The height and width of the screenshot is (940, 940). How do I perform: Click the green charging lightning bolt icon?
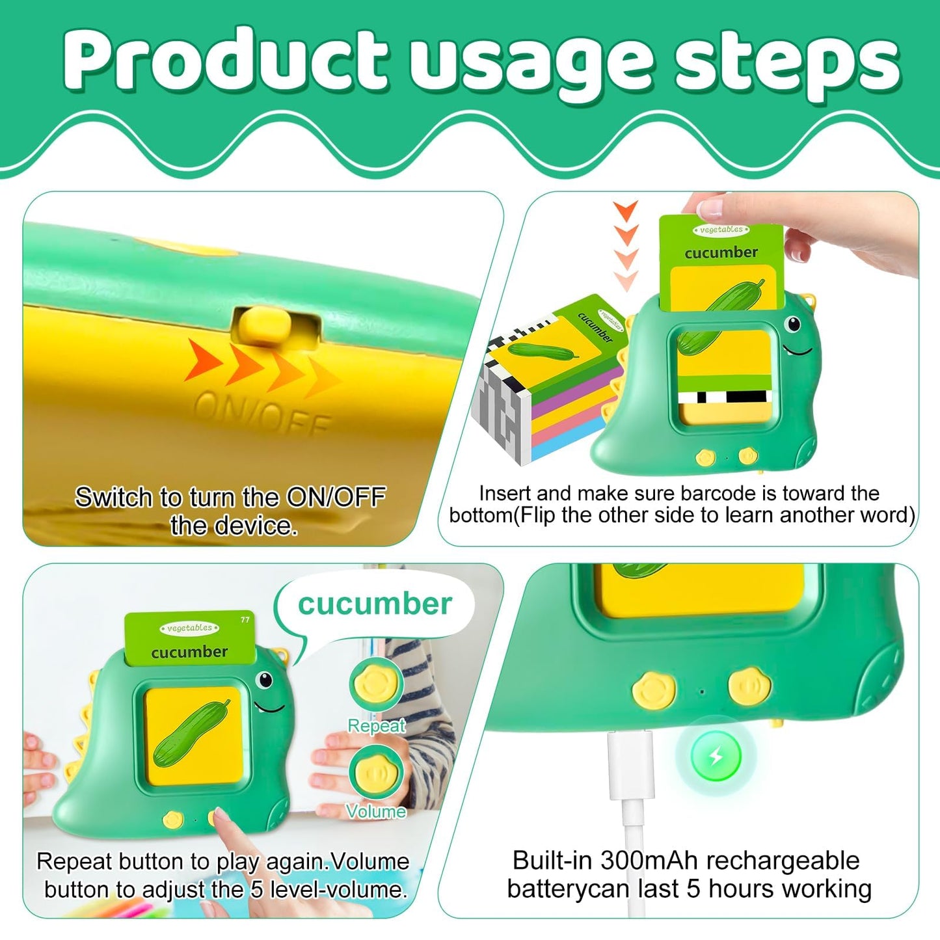pos(716,756)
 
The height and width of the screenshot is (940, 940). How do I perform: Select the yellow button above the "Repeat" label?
pos(376,684)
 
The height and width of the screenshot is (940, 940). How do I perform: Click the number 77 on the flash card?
pos(245,619)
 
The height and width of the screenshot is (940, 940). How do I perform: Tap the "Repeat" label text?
pos(376,726)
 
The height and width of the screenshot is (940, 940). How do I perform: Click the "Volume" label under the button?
pos(376,811)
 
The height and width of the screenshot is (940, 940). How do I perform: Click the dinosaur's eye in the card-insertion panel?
pos(794,323)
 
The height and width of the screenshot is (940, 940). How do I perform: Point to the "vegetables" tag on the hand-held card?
pos(721,230)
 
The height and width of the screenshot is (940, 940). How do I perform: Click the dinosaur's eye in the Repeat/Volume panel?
pos(264,680)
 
